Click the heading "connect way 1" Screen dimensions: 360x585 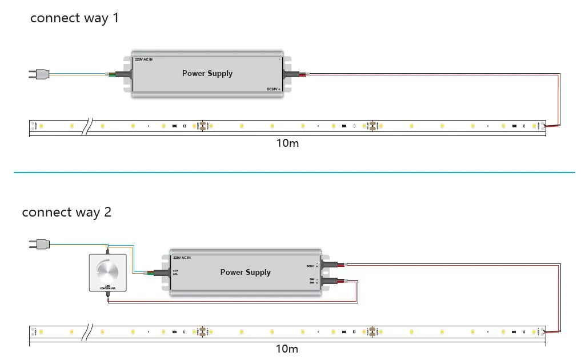(74, 18)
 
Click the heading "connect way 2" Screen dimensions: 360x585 (66, 213)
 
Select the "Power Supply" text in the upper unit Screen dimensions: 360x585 (207, 73)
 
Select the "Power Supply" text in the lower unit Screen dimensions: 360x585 (246, 272)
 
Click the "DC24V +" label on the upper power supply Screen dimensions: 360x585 (274, 89)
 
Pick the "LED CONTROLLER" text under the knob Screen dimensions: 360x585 (107, 287)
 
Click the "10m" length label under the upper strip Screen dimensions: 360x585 (287, 143)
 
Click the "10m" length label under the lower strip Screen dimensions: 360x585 (287, 349)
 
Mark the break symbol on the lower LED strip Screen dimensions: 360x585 (88, 331)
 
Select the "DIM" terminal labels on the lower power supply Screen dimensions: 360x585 (312, 281)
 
